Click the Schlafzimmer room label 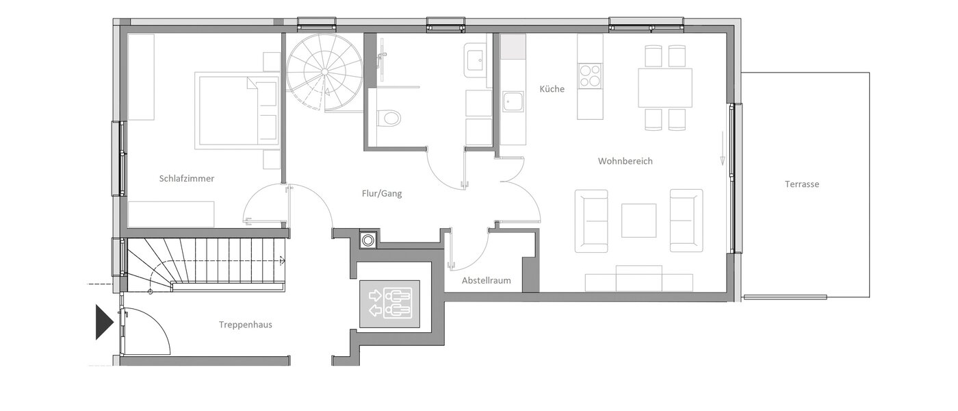(187, 179)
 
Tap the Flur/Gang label (382, 194)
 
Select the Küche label (552, 89)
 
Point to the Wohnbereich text (625, 162)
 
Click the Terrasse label (802, 184)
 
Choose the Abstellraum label (486, 280)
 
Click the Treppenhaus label (246, 325)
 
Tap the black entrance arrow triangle (103, 322)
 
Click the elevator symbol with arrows (389, 303)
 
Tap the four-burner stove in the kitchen (590, 75)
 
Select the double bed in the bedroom (236, 111)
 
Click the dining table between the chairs (665, 87)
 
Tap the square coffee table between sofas (638, 221)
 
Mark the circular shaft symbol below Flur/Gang (368, 240)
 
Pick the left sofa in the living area (591, 221)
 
